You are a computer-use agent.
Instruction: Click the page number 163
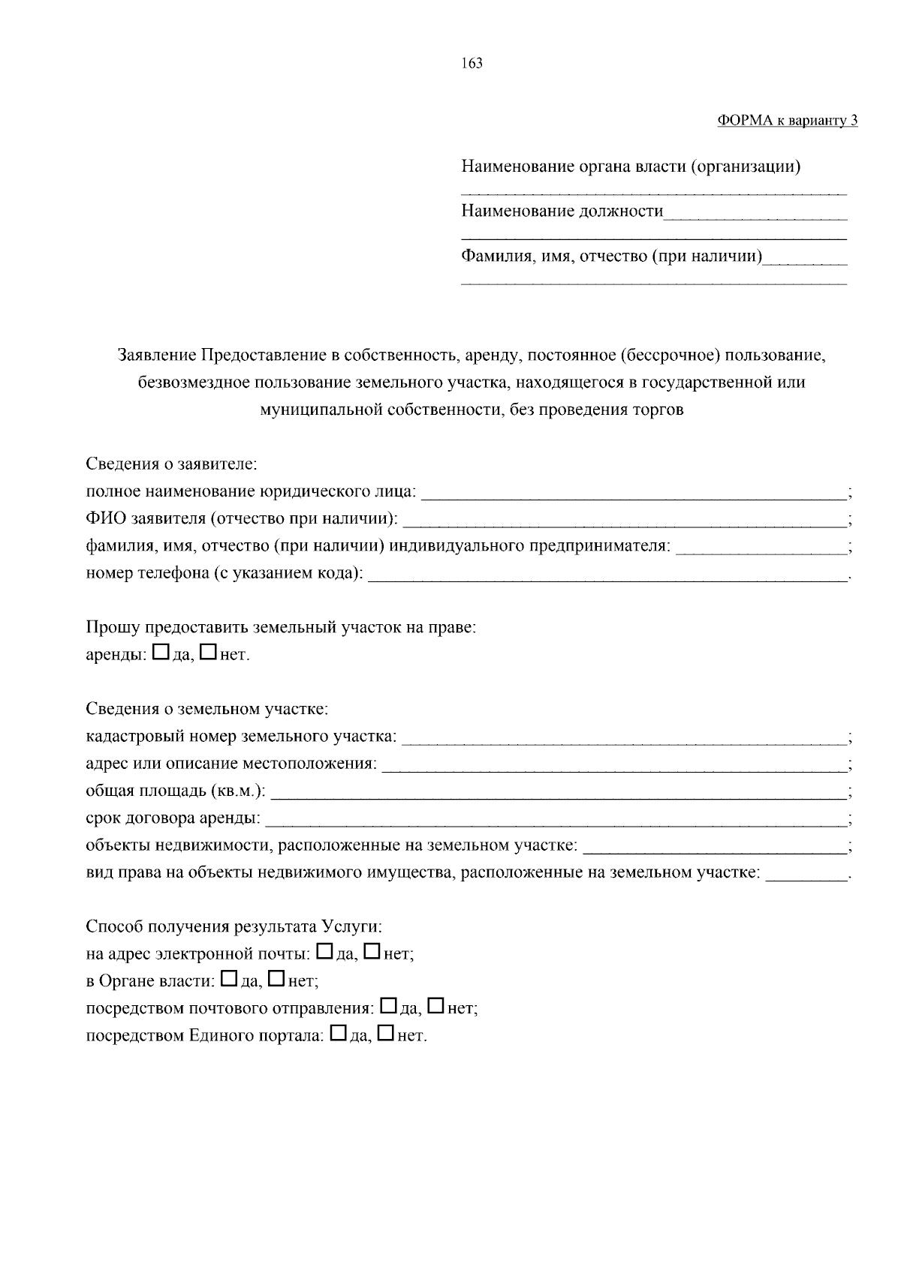click(472, 63)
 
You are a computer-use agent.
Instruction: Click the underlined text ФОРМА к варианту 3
click(787, 120)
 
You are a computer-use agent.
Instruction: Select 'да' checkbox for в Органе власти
click(231, 979)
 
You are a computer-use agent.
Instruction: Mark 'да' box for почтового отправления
click(389, 1006)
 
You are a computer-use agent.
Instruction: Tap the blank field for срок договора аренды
click(556, 819)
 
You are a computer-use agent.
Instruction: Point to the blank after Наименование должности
click(755, 212)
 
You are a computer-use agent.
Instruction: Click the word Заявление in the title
click(155, 355)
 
